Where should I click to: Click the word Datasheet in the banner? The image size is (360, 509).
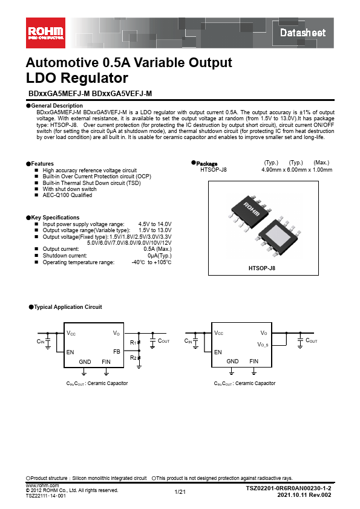click(x=303, y=33)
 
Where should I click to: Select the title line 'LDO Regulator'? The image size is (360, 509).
click(x=77, y=78)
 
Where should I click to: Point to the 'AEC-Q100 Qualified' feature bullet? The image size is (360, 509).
click(x=67, y=195)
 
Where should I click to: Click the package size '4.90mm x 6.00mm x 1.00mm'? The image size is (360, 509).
click(x=296, y=170)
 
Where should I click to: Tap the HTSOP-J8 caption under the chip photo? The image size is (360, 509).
click(x=261, y=267)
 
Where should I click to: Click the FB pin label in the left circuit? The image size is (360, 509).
click(x=116, y=351)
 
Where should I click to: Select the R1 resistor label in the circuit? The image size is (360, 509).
click(x=133, y=343)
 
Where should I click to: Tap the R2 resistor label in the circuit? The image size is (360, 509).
click(x=133, y=358)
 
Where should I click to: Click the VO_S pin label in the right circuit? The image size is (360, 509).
click(x=263, y=344)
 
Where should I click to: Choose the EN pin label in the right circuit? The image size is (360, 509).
click(x=218, y=352)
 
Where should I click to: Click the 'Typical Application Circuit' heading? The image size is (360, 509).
click(x=68, y=307)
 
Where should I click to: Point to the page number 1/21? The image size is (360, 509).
click(x=180, y=492)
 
